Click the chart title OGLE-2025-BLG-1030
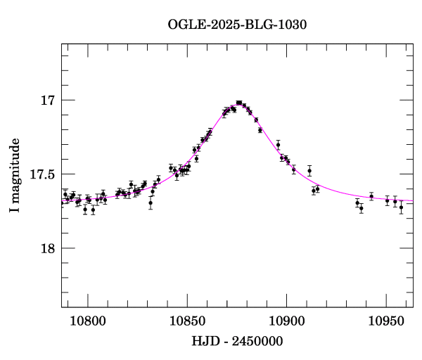click(238, 24)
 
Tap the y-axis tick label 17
click(48, 101)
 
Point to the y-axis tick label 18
click(48, 249)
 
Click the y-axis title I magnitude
click(15, 175)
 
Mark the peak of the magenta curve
click(239, 103)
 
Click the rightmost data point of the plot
click(401, 207)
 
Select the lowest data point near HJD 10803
click(93, 210)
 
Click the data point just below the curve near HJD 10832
click(151, 202)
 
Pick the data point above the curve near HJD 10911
click(309, 170)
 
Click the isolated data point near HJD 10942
click(371, 196)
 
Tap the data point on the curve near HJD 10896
click(279, 145)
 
